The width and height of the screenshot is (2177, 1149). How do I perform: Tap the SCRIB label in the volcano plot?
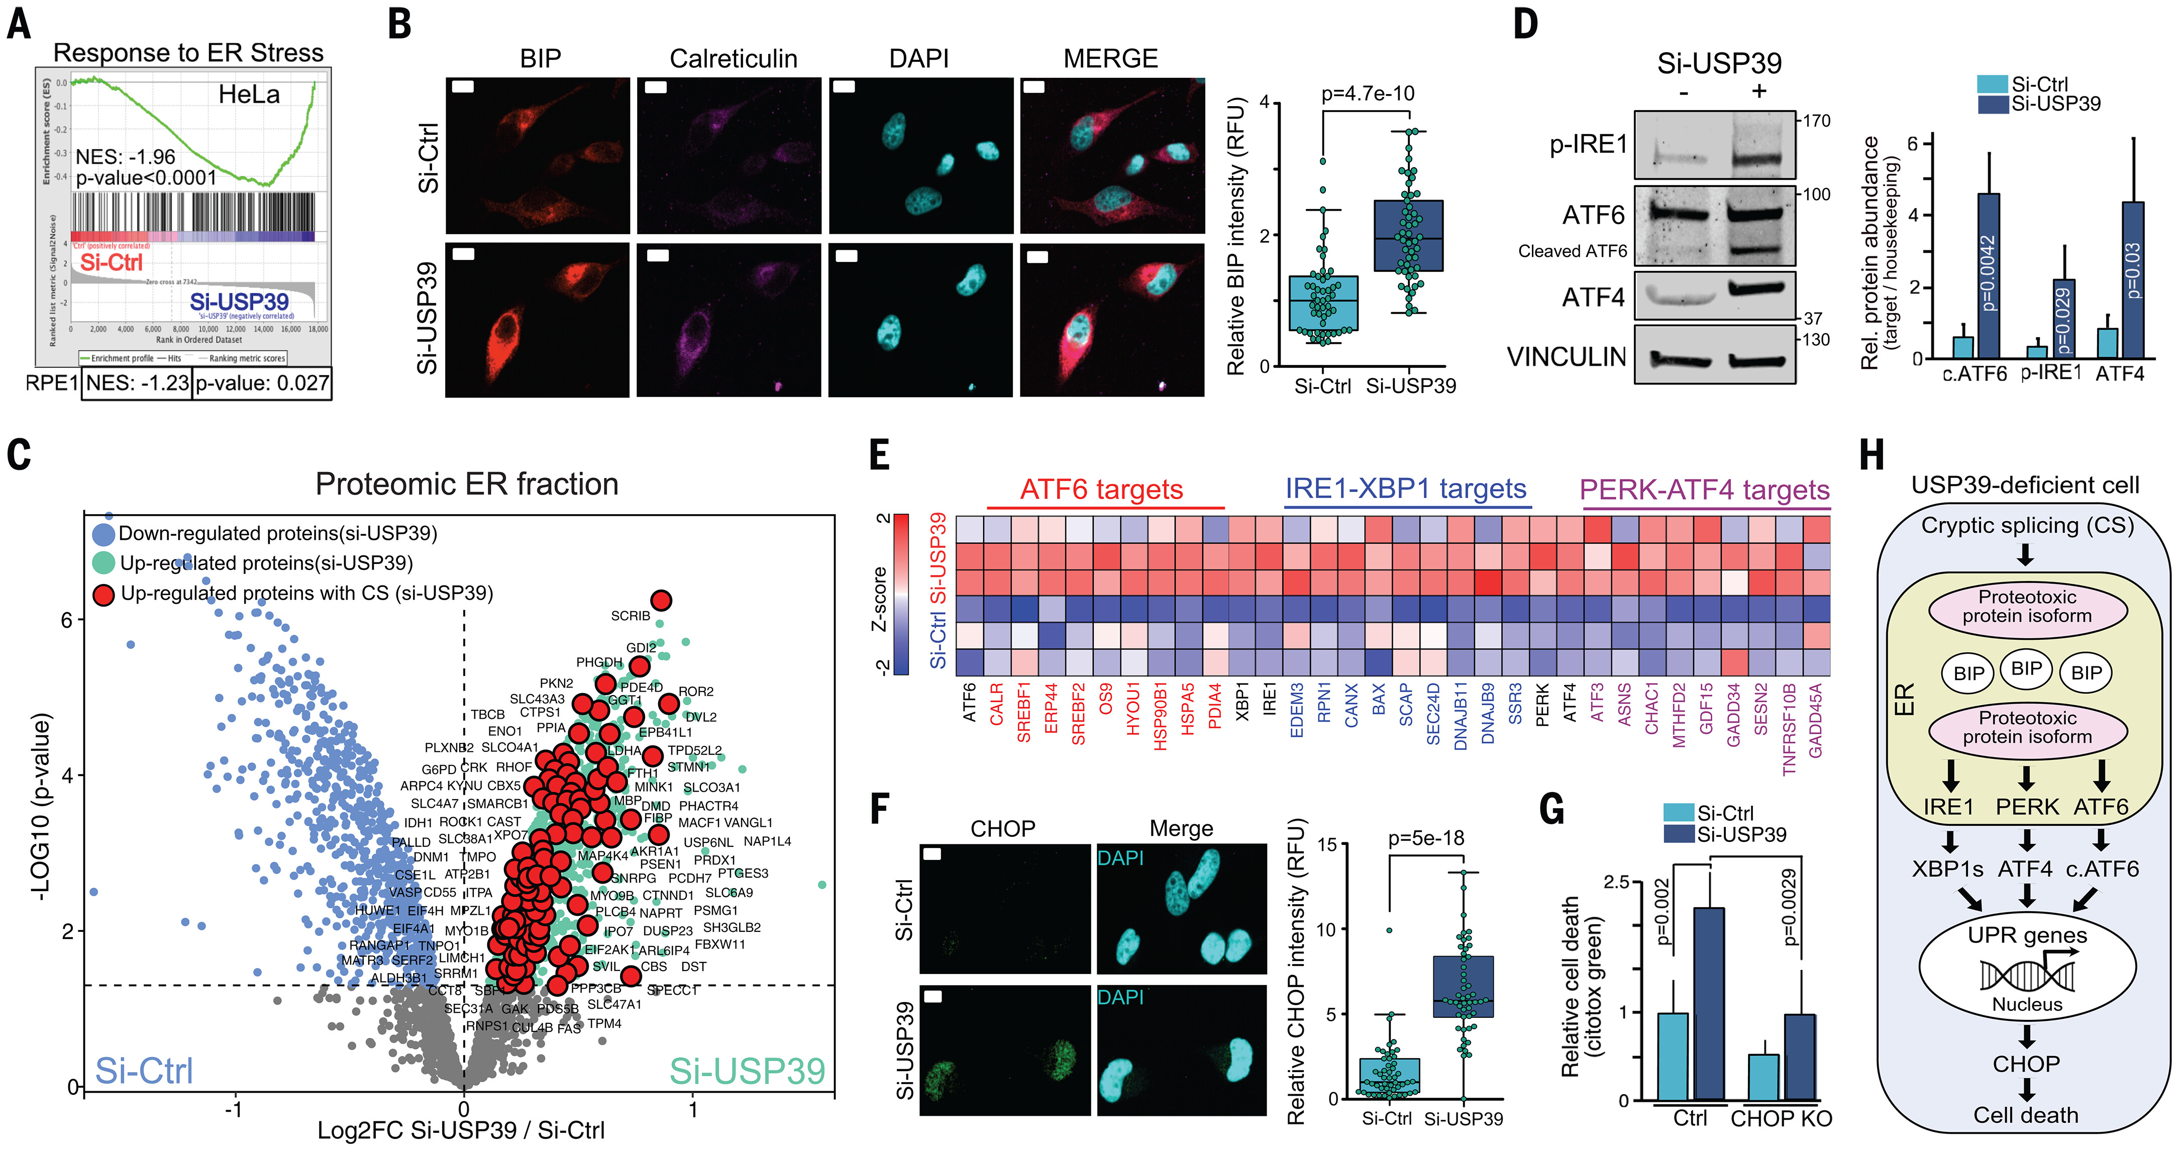[x=631, y=616]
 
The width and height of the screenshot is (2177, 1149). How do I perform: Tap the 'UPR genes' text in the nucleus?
[x=2027, y=935]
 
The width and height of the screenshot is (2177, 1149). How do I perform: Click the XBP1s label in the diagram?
[x=1947, y=869]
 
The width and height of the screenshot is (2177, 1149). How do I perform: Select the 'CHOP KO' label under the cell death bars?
[x=1781, y=1118]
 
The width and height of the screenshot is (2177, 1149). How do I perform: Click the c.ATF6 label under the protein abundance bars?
[x=1974, y=373]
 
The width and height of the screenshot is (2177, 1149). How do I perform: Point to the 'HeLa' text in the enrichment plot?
[x=249, y=94]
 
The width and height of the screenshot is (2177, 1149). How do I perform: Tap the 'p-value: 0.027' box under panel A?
[x=262, y=383]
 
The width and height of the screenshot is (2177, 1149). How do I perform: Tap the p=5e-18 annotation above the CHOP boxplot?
[x=1426, y=838]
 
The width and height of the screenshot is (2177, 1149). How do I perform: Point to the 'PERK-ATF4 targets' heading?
[x=1704, y=490]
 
